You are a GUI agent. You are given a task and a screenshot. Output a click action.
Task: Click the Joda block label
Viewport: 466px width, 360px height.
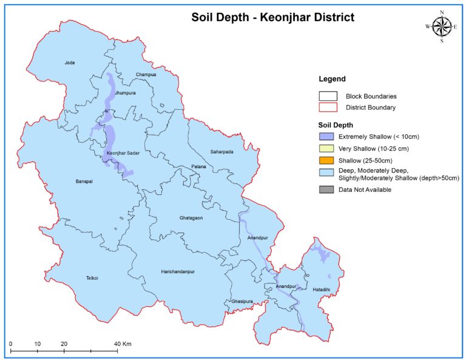(70, 63)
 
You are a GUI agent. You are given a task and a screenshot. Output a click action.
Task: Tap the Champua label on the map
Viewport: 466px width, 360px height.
(146, 75)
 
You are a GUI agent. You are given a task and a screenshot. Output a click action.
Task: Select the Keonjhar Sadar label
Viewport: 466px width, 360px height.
(123, 154)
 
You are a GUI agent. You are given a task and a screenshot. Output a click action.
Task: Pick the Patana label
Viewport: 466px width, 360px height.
(198, 166)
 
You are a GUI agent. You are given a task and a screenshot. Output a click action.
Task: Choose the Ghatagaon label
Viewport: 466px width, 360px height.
(191, 217)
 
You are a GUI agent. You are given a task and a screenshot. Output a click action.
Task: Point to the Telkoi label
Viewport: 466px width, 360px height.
(93, 278)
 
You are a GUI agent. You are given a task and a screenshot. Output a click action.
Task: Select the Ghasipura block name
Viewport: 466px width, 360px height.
(242, 301)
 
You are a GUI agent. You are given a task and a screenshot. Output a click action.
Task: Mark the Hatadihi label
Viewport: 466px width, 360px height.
(321, 290)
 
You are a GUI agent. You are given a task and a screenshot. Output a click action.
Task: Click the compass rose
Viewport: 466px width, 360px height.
(442, 26)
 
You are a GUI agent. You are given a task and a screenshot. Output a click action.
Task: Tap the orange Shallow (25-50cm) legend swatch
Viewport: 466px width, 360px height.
(328, 161)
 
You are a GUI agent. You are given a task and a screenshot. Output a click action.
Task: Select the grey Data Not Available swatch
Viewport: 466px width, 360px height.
(328, 189)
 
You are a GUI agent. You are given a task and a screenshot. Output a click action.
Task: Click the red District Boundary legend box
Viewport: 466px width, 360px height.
(328, 107)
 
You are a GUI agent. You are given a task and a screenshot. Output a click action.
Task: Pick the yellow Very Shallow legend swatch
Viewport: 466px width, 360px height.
(328, 148)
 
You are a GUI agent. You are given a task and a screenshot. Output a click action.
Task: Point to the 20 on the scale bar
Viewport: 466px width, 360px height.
(64, 344)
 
